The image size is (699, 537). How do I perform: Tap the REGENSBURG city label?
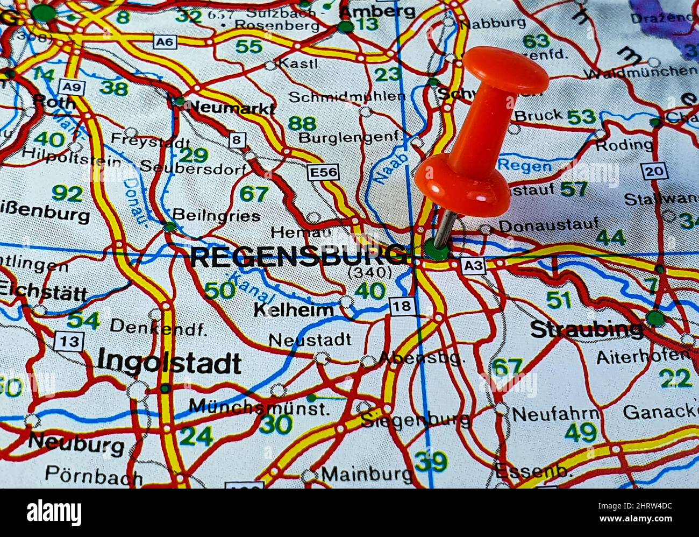[299, 257]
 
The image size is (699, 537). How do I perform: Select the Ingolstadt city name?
[169, 363]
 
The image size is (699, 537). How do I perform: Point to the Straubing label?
[587, 329]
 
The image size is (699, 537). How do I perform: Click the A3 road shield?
[473, 265]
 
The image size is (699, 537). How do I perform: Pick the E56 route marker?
[323, 172]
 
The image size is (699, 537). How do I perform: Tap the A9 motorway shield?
[69, 87]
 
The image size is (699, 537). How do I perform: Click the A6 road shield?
[164, 41]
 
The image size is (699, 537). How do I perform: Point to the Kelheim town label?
[294, 310]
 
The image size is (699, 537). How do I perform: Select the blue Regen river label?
[524, 165]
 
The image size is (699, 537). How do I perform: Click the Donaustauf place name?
[548, 225]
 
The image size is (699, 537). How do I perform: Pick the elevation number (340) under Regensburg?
[370, 273]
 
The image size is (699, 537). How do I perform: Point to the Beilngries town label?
[216, 216]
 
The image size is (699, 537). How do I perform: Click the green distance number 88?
[302, 124]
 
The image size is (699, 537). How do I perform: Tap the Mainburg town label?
[367, 475]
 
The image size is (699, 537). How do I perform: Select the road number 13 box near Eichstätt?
[69, 341]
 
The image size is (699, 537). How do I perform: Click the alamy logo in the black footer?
[54, 512]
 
